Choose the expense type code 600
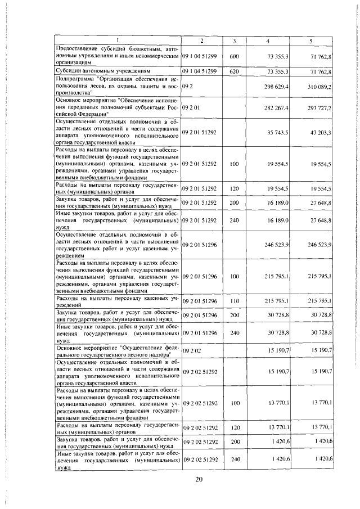[235, 57]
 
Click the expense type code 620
[235, 72]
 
